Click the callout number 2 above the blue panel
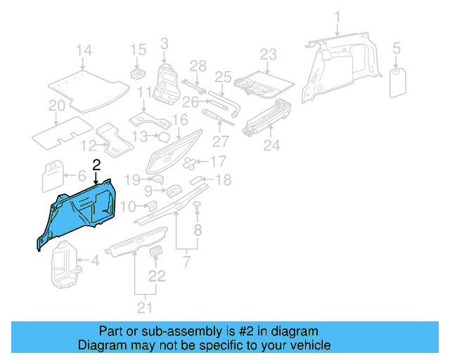coord(96,165)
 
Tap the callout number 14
coord(84,50)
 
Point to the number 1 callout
coord(337,16)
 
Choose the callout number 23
coord(269,54)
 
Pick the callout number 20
coord(57,106)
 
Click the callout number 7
coord(186,262)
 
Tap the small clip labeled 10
coord(150,205)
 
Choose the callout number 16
coord(181,120)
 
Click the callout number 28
coord(198,65)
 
